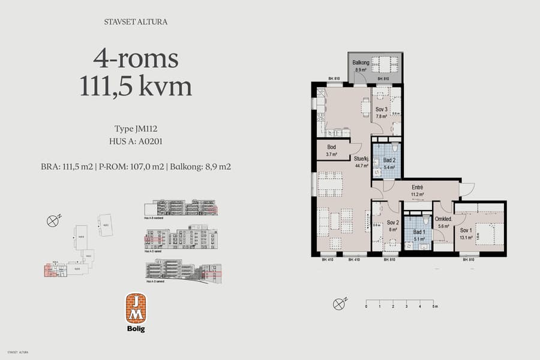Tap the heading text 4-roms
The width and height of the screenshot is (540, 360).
pyautogui.click(x=136, y=58)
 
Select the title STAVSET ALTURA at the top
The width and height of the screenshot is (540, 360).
pyautogui.click(x=136, y=22)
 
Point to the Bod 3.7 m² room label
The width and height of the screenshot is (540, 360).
pyautogui.click(x=331, y=151)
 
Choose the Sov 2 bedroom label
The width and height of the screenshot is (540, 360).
pyautogui.click(x=392, y=225)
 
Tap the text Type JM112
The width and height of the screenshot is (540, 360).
pyautogui.click(x=136, y=129)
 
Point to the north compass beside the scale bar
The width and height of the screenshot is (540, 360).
pyautogui.click(x=340, y=303)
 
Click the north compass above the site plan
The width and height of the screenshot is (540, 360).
pyautogui.click(x=53, y=220)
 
